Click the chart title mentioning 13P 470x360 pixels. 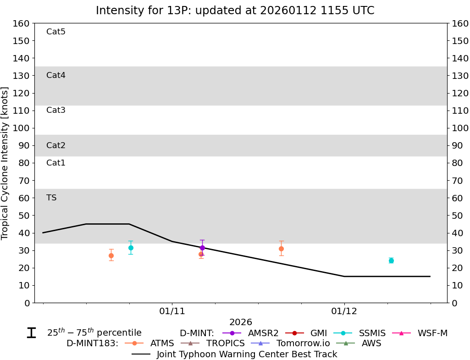[x=235, y=11]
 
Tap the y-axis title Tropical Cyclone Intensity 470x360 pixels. [x=6, y=163]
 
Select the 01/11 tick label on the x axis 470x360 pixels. [x=172, y=311]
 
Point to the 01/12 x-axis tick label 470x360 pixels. [x=344, y=311]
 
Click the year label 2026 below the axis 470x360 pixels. [x=241, y=322]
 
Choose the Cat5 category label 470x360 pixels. [x=56, y=32]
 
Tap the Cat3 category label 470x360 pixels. [x=56, y=110]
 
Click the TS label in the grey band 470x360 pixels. [x=51, y=198]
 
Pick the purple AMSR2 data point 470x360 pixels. [x=202, y=248]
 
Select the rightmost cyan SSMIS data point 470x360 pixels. [x=391, y=260]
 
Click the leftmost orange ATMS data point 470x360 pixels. [x=111, y=255]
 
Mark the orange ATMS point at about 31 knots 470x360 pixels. [x=281, y=249]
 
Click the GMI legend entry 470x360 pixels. [x=319, y=333]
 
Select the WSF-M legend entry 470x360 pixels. [x=432, y=333]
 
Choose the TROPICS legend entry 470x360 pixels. [x=225, y=343]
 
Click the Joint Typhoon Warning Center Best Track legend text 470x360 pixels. [x=247, y=354]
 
